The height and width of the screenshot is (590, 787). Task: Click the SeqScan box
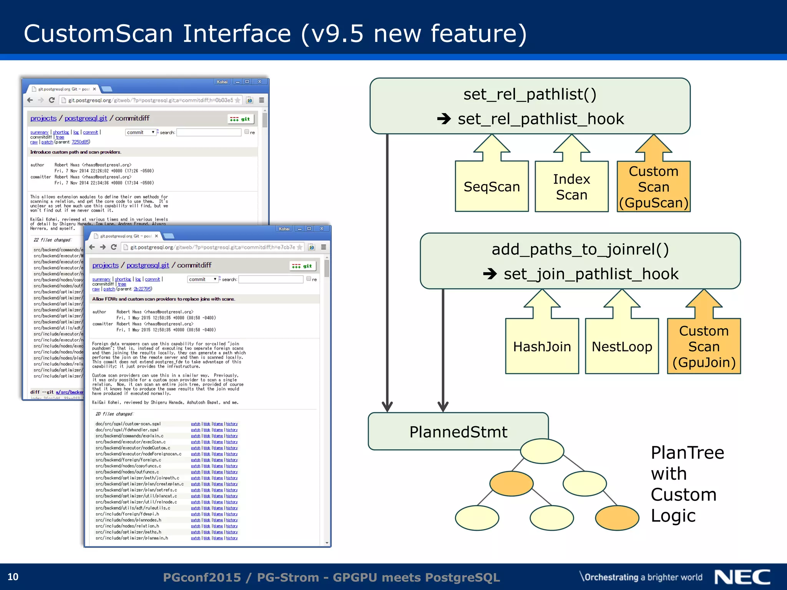click(x=491, y=187)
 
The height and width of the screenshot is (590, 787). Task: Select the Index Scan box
click(x=571, y=187)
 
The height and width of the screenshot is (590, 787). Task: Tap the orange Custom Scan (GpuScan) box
click(x=653, y=187)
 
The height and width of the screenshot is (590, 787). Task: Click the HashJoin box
click(x=542, y=346)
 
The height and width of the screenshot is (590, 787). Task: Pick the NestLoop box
click(x=622, y=346)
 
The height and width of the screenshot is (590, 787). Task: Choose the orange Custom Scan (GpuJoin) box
click(x=704, y=346)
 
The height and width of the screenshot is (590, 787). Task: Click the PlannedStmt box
click(x=458, y=432)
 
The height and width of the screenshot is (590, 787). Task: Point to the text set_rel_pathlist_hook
click(x=541, y=119)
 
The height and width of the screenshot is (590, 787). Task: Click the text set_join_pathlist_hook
click(x=591, y=274)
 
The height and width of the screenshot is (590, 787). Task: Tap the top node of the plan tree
click(x=542, y=451)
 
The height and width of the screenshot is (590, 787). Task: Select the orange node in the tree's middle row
click(x=511, y=484)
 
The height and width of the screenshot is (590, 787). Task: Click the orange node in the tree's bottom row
click(x=617, y=518)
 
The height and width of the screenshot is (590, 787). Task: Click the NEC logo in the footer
click(x=742, y=577)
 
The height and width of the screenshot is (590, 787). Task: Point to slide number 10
click(x=13, y=577)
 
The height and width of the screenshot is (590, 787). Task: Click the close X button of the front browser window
click(x=322, y=229)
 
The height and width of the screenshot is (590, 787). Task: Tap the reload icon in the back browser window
click(x=52, y=100)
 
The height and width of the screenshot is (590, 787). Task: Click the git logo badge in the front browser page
click(x=302, y=266)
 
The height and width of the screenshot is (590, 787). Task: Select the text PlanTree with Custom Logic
click(x=687, y=484)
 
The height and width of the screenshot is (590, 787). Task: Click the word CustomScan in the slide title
click(x=98, y=33)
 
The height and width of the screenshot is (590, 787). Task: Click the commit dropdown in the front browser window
click(x=203, y=279)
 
